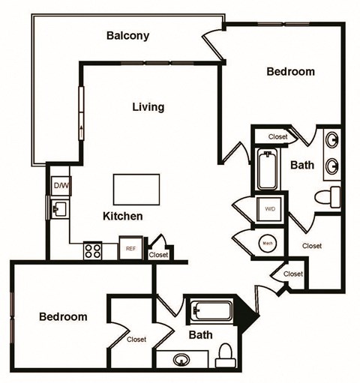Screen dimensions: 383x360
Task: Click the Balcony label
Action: pyautogui.click(x=127, y=35)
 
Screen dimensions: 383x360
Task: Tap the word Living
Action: pyautogui.click(x=148, y=107)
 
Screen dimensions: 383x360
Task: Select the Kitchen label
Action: pyautogui.click(x=122, y=216)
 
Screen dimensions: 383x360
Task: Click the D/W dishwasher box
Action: pyautogui.click(x=60, y=185)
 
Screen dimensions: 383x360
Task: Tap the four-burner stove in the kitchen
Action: pyautogui.click(x=94, y=250)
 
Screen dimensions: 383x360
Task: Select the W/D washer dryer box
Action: pyautogui.click(x=268, y=208)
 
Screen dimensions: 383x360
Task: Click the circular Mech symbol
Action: pyautogui.click(x=267, y=243)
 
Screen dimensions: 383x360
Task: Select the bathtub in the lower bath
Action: pyautogui.click(x=211, y=310)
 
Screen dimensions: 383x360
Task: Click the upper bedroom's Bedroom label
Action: pyautogui.click(x=291, y=72)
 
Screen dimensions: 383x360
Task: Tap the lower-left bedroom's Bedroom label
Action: pyautogui.click(x=63, y=317)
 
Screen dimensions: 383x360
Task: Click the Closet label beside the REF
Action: pyautogui.click(x=158, y=255)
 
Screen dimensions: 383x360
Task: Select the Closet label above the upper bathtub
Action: pyautogui.click(x=278, y=137)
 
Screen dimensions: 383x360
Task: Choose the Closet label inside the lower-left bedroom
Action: pyautogui.click(x=136, y=340)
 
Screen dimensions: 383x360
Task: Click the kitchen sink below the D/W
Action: pyautogui.click(x=60, y=208)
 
